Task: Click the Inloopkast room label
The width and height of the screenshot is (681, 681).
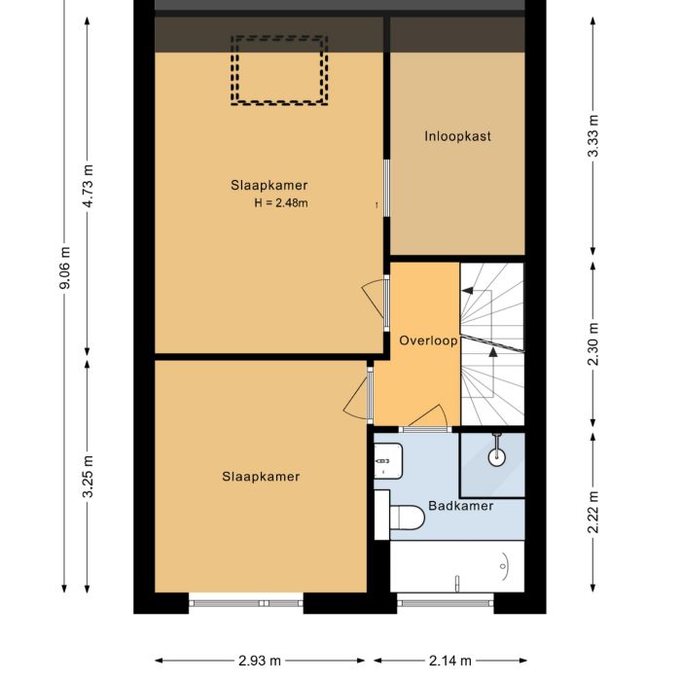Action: pyautogui.click(x=457, y=136)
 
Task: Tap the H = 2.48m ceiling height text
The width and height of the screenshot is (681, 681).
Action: pyautogui.click(x=281, y=203)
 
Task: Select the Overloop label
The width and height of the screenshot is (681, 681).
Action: pyautogui.click(x=428, y=340)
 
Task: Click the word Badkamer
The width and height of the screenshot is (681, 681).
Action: pyautogui.click(x=461, y=506)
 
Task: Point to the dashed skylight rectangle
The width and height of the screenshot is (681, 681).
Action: pyautogui.click(x=278, y=70)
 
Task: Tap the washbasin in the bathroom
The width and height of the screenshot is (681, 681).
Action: pyautogui.click(x=387, y=460)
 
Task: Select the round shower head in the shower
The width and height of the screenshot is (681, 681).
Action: pyautogui.click(x=497, y=453)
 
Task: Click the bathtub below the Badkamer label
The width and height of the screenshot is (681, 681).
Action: pyautogui.click(x=456, y=566)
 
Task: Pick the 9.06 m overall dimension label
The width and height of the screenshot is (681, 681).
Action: pyautogui.click(x=64, y=266)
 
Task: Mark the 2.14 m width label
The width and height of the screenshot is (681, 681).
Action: pyautogui.click(x=449, y=661)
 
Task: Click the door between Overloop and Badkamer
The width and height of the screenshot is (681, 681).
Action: pyautogui.click(x=424, y=422)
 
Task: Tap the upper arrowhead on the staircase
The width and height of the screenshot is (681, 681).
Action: pyautogui.click(x=468, y=289)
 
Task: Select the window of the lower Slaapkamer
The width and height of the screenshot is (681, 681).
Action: pyautogui.click(x=245, y=603)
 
